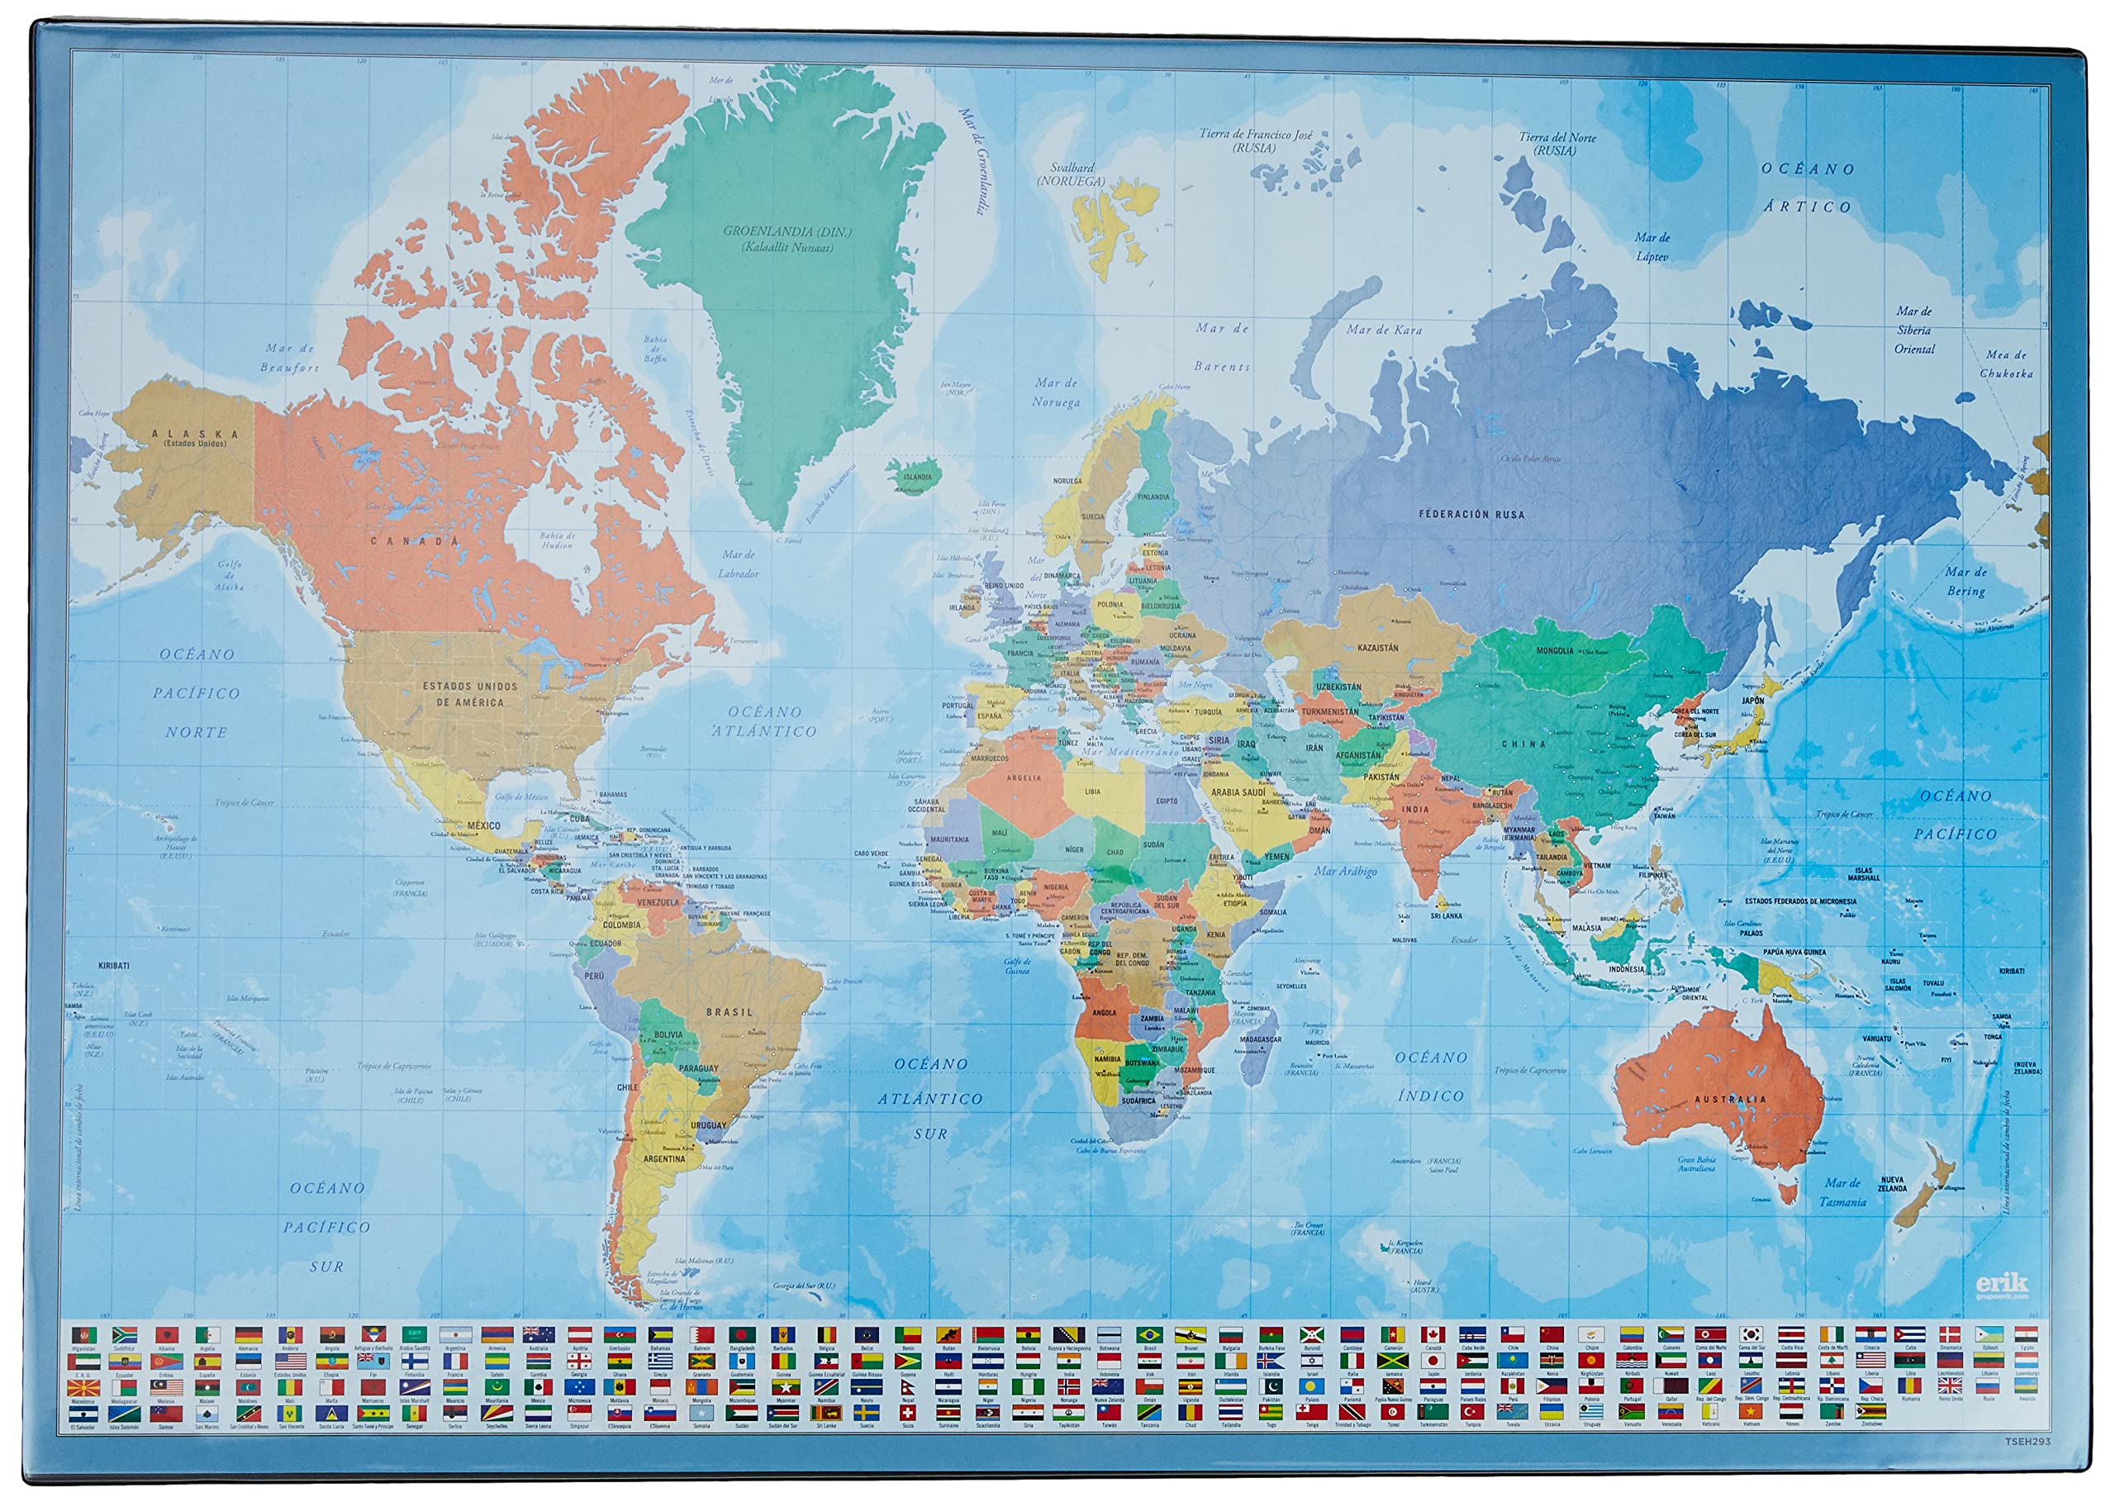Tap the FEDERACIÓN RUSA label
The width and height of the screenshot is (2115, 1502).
point(1471,514)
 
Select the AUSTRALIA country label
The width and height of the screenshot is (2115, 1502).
point(1730,1100)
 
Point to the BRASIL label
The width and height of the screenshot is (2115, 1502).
point(730,1013)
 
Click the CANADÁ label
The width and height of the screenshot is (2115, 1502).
point(416,541)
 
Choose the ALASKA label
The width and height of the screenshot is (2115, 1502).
point(195,435)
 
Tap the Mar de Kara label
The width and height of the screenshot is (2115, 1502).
point(1384,330)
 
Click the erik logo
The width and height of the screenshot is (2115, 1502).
point(2001,1283)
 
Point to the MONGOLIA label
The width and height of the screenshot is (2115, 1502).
point(1555,651)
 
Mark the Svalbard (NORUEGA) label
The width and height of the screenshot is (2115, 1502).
point(1072,175)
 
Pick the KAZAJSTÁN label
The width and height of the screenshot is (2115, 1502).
point(1377,649)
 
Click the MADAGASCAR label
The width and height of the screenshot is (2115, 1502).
point(1262,1039)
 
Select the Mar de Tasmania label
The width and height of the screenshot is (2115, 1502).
point(1842,1193)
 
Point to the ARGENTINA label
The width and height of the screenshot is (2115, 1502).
point(664,1159)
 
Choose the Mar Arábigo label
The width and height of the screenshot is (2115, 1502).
point(1346,872)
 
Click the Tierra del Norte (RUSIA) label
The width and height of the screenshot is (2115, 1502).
point(1557,144)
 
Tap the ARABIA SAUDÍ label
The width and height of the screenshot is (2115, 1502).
point(1238,792)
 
